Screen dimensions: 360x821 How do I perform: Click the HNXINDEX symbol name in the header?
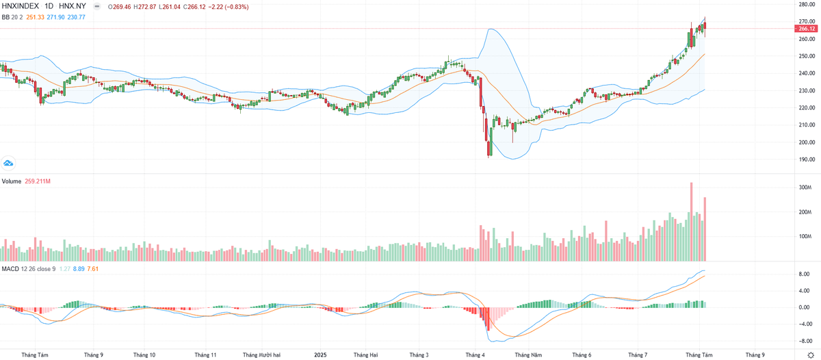tap(21, 7)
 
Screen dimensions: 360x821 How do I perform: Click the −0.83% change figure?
tap(235, 7)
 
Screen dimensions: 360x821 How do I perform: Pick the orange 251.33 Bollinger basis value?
tap(36, 16)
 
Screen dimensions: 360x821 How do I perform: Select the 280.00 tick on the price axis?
tap(806, 4)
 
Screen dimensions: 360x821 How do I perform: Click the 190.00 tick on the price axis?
tap(806, 159)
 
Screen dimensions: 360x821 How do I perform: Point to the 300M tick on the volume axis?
tap(804, 188)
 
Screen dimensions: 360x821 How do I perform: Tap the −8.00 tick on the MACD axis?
tap(805, 340)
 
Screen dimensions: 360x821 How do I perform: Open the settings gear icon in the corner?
tap(811, 355)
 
